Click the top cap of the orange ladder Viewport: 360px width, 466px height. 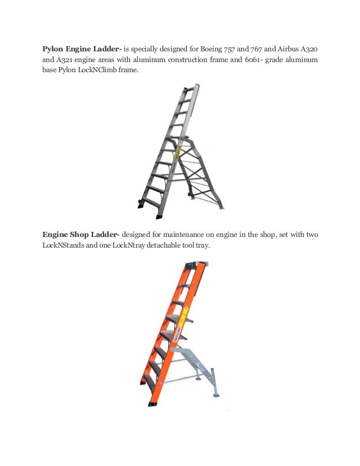click(x=195, y=264)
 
